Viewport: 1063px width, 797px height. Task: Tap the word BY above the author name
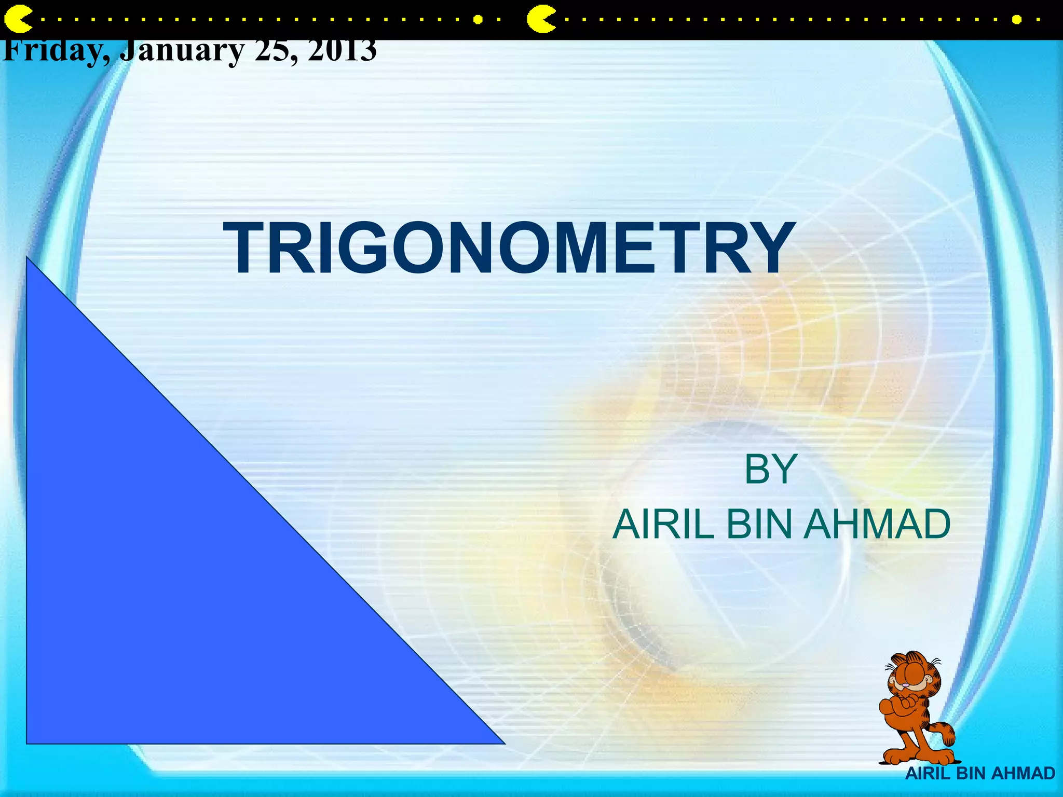[x=770, y=470]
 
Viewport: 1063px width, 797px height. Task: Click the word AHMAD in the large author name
[x=877, y=525]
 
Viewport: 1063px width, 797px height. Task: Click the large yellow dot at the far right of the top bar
[x=1017, y=20]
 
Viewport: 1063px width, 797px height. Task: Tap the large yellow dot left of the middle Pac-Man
[x=478, y=20]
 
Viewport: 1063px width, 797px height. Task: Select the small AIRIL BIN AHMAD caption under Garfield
[x=980, y=773]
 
